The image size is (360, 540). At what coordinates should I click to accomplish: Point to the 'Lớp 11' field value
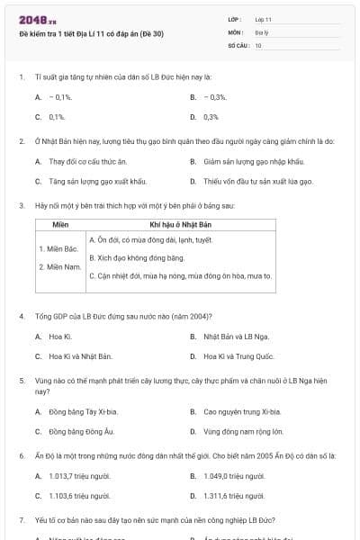pyautogui.click(x=263, y=19)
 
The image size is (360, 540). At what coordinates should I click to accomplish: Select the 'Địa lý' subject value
pyautogui.click(x=261, y=31)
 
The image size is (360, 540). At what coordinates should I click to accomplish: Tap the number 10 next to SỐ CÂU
pyautogui.click(x=258, y=44)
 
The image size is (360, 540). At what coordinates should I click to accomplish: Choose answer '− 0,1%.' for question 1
pyautogui.click(x=59, y=97)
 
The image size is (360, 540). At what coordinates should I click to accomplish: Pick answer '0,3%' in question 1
pyautogui.click(x=211, y=117)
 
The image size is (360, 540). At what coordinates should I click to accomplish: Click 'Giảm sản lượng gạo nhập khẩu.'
pyautogui.click(x=249, y=162)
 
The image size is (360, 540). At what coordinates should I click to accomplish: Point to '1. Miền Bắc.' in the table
pyautogui.click(x=58, y=247)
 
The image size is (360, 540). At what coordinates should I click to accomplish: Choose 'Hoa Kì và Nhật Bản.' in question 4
pyautogui.click(x=80, y=356)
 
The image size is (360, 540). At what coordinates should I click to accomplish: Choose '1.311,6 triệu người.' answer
pyautogui.click(x=236, y=496)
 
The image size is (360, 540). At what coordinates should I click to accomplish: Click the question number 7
pyautogui.click(x=21, y=521)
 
